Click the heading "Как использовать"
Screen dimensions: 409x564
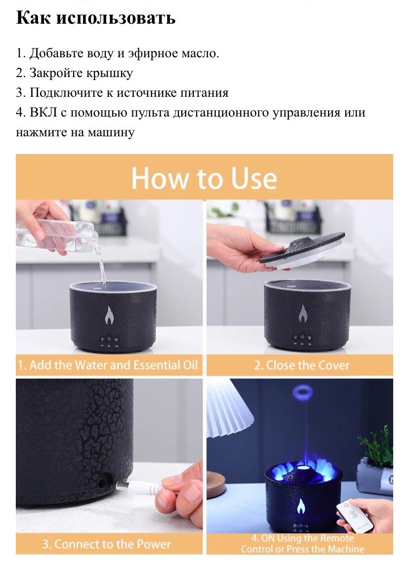pos(96,18)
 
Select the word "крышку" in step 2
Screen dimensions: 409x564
pos(110,74)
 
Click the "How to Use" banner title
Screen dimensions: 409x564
pos(204,178)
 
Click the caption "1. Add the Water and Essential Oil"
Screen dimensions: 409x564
pos(108,365)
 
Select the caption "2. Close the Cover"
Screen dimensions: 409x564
pos(301,365)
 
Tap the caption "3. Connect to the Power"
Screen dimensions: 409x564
pos(107,543)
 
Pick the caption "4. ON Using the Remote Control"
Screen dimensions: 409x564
pos(302,543)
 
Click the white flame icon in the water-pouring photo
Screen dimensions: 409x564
pos(109,315)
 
